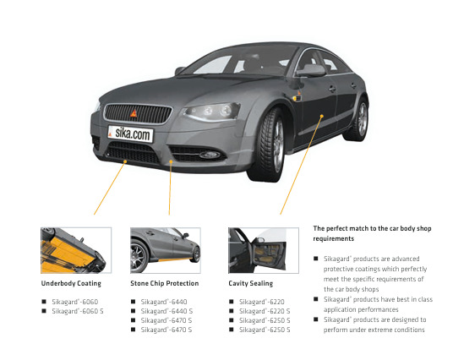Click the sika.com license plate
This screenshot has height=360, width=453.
click(130, 134)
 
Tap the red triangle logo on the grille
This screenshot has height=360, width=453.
click(134, 113)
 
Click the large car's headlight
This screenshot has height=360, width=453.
click(212, 112)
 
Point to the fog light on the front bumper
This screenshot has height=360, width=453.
click(210, 155)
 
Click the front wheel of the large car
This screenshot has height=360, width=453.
click(268, 145)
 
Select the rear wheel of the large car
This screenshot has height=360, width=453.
click(357, 119)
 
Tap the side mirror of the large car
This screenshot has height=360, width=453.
click(311, 70)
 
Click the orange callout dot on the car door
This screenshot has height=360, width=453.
click(322, 116)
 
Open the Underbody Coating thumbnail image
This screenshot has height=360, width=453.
click(76, 250)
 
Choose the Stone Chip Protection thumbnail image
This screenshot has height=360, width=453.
click(166, 250)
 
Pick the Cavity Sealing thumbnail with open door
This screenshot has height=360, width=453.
click(264, 250)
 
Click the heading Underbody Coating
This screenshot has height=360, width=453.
click(71, 283)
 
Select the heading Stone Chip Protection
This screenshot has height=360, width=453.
click(165, 283)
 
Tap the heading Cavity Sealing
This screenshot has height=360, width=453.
click(251, 283)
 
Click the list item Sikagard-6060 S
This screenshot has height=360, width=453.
click(78, 311)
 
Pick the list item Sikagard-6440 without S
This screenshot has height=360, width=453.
click(164, 302)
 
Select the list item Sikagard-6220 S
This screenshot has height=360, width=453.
click(265, 311)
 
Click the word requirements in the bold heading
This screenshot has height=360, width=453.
click(333, 238)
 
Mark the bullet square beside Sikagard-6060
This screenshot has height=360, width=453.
click(44, 302)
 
